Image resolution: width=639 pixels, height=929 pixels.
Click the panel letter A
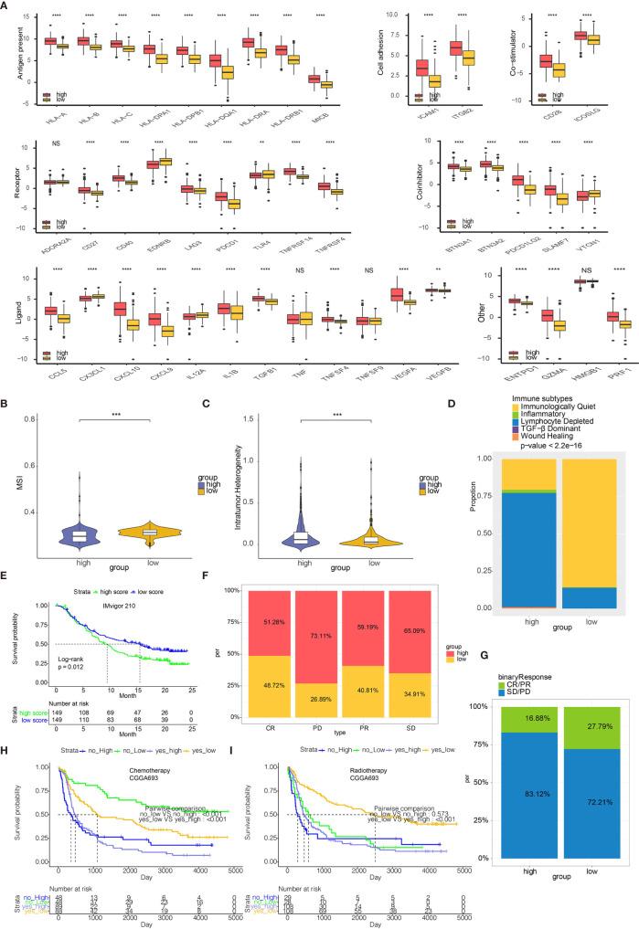pyautogui.click(x=8, y=6)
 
